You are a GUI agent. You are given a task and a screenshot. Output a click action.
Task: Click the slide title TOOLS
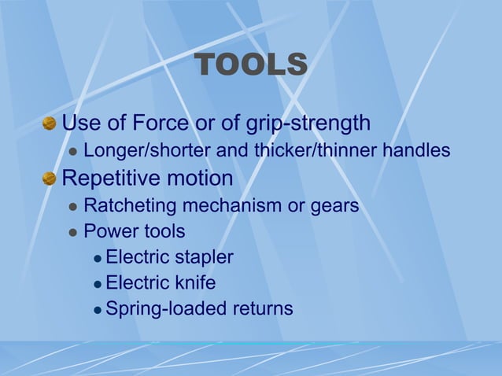(x=250, y=65)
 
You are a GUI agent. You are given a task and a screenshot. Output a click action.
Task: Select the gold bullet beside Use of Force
(x=50, y=123)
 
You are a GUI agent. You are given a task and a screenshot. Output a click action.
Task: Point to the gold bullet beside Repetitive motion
(x=50, y=179)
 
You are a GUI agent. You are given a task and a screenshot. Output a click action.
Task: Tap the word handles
(x=416, y=150)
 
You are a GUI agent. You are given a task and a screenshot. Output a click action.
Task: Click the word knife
(x=196, y=282)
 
